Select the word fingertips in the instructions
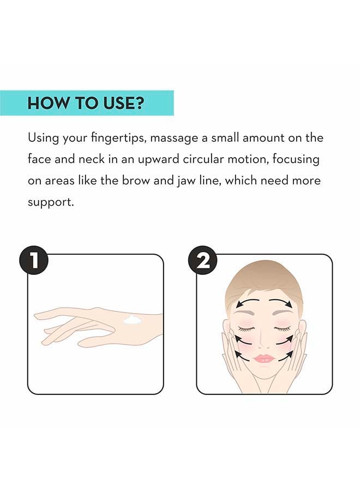119,138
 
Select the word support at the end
51,202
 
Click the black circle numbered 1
34,261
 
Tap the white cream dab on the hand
133,320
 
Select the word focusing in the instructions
296,160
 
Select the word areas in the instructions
60,181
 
